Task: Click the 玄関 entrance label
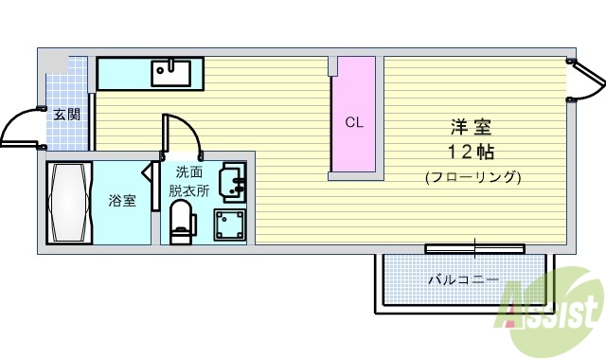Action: (x=65, y=115)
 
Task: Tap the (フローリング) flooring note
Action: (x=472, y=176)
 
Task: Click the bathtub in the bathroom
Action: (x=70, y=203)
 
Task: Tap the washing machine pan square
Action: (x=230, y=225)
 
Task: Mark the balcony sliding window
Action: (x=473, y=248)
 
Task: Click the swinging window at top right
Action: (x=587, y=81)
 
